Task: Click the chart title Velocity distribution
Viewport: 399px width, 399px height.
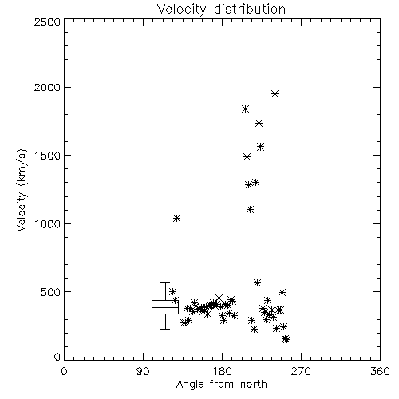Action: tap(221, 9)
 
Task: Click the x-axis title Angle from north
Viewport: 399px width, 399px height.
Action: tap(221, 385)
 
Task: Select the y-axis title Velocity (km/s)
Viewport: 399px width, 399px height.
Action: tap(22, 190)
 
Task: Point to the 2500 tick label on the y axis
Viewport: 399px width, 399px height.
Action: tap(47, 22)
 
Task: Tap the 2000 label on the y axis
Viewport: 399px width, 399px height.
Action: tap(47, 87)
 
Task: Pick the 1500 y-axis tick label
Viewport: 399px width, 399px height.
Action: tap(48, 156)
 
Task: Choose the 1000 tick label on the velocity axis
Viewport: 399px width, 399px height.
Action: tap(48, 223)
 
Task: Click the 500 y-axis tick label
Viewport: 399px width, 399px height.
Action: tap(51, 292)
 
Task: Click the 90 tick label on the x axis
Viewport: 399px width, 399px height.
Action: tap(143, 371)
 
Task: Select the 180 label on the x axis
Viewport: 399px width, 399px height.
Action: tap(222, 371)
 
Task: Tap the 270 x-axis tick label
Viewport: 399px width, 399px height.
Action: tap(301, 371)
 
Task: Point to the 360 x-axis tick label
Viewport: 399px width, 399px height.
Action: tap(380, 371)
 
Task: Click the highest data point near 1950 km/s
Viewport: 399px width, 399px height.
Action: tap(275, 93)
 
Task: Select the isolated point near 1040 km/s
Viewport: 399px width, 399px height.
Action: tap(177, 219)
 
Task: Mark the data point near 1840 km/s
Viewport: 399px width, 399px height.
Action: tap(245, 109)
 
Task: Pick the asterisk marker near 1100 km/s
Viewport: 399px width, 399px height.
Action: tap(250, 210)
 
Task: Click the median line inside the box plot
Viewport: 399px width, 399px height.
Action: tap(165, 308)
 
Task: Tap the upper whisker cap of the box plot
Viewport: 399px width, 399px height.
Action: tap(165, 283)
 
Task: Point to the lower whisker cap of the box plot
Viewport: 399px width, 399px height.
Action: tap(165, 330)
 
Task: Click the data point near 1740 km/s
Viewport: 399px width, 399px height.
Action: tap(259, 123)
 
